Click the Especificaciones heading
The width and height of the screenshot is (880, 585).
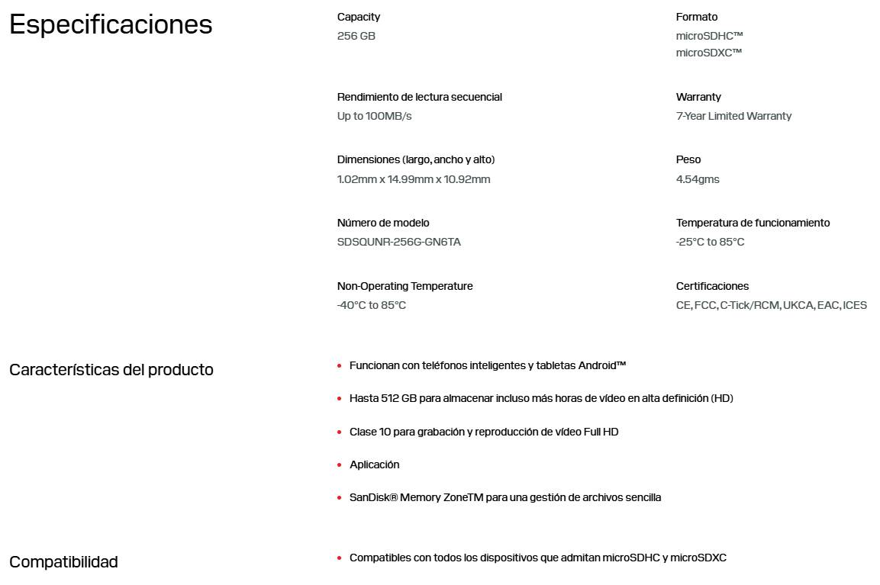[110, 25]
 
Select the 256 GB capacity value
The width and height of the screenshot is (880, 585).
[356, 36]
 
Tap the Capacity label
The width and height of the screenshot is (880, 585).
[358, 17]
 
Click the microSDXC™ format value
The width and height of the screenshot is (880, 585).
[708, 53]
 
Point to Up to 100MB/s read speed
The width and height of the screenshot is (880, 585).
[374, 116]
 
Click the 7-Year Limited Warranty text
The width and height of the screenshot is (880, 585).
[733, 116]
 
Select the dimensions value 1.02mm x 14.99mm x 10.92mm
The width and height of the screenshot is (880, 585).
[413, 179]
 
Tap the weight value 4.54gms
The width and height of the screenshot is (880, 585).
[697, 179]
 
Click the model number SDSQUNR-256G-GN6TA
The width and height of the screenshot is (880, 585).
[398, 242]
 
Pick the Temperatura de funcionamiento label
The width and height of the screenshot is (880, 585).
[752, 223]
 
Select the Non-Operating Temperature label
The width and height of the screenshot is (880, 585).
[405, 286]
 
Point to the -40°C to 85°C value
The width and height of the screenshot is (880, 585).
[371, 305]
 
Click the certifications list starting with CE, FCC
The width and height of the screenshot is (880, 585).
[771, 305]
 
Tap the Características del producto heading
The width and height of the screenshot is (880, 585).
[111, 370]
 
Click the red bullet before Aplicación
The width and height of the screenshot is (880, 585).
[340, 465]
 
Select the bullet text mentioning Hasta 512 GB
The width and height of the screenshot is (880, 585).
[540, 398]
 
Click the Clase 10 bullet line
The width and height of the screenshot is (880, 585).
[483, 432]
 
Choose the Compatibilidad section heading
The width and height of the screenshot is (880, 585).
[63, 562]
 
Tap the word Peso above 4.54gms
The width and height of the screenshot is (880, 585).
[688, 159]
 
